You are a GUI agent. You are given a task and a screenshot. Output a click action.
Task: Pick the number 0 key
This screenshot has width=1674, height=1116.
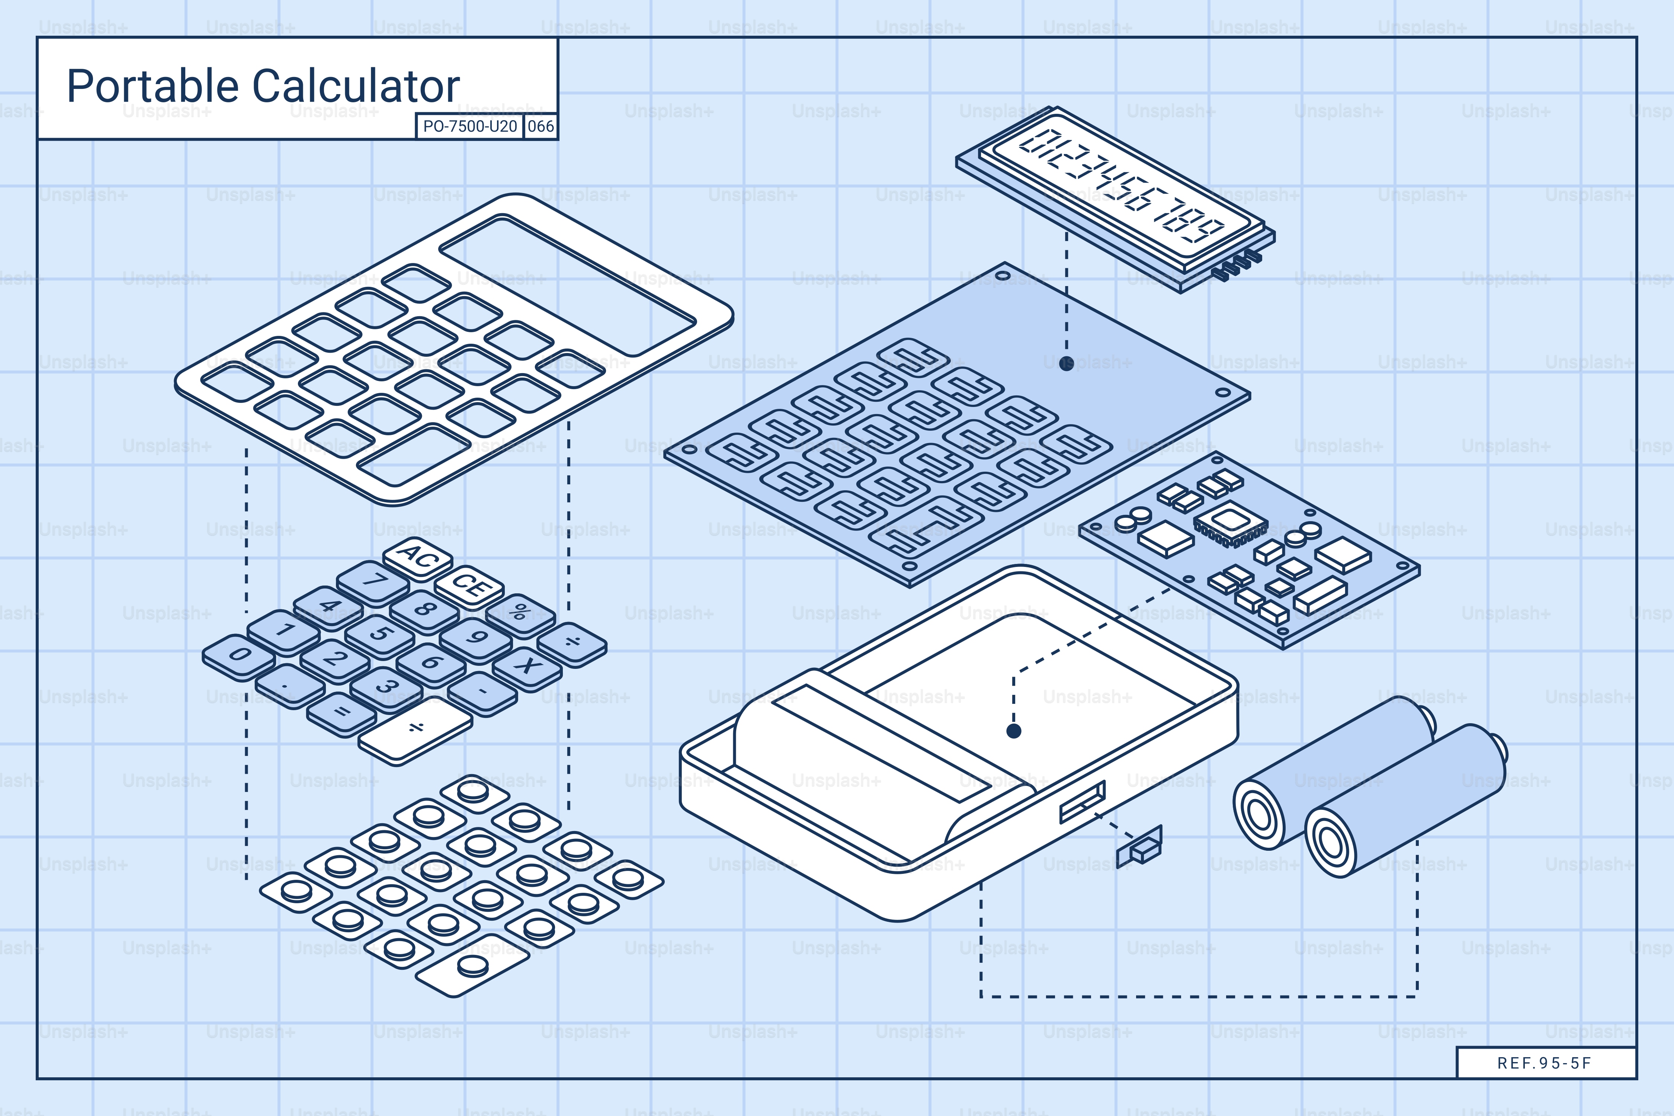click(x=238, y=655)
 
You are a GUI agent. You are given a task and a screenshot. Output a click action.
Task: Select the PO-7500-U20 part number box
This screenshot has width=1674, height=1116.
click(x=469, y=127)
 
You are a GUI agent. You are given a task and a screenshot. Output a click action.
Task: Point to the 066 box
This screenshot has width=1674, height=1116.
click(x=540, y=127)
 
